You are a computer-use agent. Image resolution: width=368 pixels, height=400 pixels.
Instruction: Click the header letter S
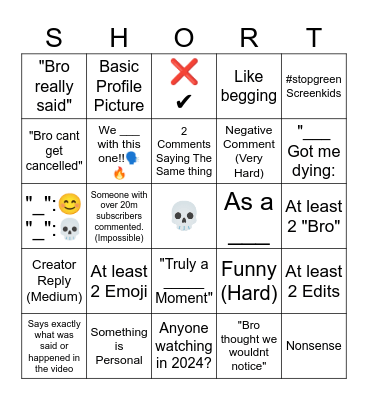(x=54, y=37)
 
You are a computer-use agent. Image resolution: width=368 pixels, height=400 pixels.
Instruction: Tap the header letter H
(x=119, y=37)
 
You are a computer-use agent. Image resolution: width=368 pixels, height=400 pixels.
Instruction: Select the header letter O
(x=184, y=37)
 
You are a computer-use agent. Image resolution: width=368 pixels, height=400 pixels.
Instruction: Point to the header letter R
(x=249, y=37)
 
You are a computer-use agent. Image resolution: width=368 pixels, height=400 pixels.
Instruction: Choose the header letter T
(x=314, y=37)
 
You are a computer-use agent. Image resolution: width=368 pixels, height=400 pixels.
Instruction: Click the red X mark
(x=184, y=73)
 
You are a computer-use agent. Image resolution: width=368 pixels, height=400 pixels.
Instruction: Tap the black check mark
(x=184, y=102)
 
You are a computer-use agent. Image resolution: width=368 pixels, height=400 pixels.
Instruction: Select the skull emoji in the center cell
(x=184, y=215)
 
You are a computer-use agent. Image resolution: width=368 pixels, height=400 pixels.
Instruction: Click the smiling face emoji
(x=69, y=204)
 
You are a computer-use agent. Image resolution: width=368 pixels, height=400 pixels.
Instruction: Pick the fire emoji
(x=120, y=172)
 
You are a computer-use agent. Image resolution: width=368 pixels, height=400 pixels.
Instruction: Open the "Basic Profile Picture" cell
(x=119, y=86)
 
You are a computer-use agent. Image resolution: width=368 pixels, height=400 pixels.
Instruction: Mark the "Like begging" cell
(x=249, y=86)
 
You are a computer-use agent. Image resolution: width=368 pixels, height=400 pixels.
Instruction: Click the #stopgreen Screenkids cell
(x=314, y=86)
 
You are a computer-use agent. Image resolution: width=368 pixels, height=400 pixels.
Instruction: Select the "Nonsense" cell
(x=314, y=345)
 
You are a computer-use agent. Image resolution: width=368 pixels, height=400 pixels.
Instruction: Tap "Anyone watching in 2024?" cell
(x=184, y=345)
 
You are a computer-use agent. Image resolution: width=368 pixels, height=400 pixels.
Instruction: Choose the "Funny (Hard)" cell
(x=249, y=280)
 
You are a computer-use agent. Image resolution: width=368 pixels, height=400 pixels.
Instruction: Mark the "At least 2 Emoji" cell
(x=119, y=280)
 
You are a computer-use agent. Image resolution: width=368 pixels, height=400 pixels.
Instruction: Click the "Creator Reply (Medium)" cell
(x=54, y=280)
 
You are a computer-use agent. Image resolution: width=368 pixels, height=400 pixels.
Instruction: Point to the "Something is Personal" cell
(x=119, y=345)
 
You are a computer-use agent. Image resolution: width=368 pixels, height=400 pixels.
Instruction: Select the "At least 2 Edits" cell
(x=314, y=280)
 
